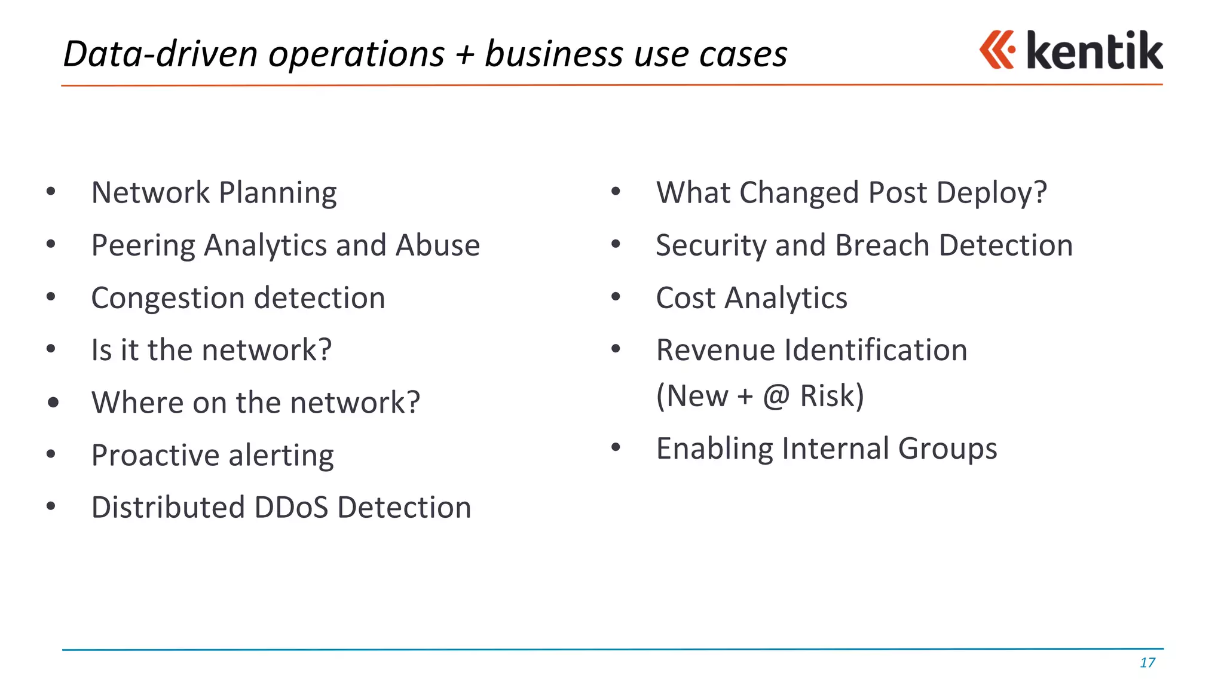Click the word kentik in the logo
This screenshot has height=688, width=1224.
(1094, 51)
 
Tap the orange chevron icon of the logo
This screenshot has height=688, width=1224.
(997, 50)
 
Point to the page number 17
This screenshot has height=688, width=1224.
(1147, 662)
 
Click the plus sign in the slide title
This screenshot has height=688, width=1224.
(464, 54)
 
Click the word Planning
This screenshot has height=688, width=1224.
(277, 193)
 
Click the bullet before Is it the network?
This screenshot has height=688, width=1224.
(51, 349)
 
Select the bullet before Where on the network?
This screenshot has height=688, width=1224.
(53, 403)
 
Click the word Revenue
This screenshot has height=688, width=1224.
(715, 350)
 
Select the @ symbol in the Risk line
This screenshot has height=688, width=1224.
(776, 396)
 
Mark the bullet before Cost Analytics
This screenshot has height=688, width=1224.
(616, 296)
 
